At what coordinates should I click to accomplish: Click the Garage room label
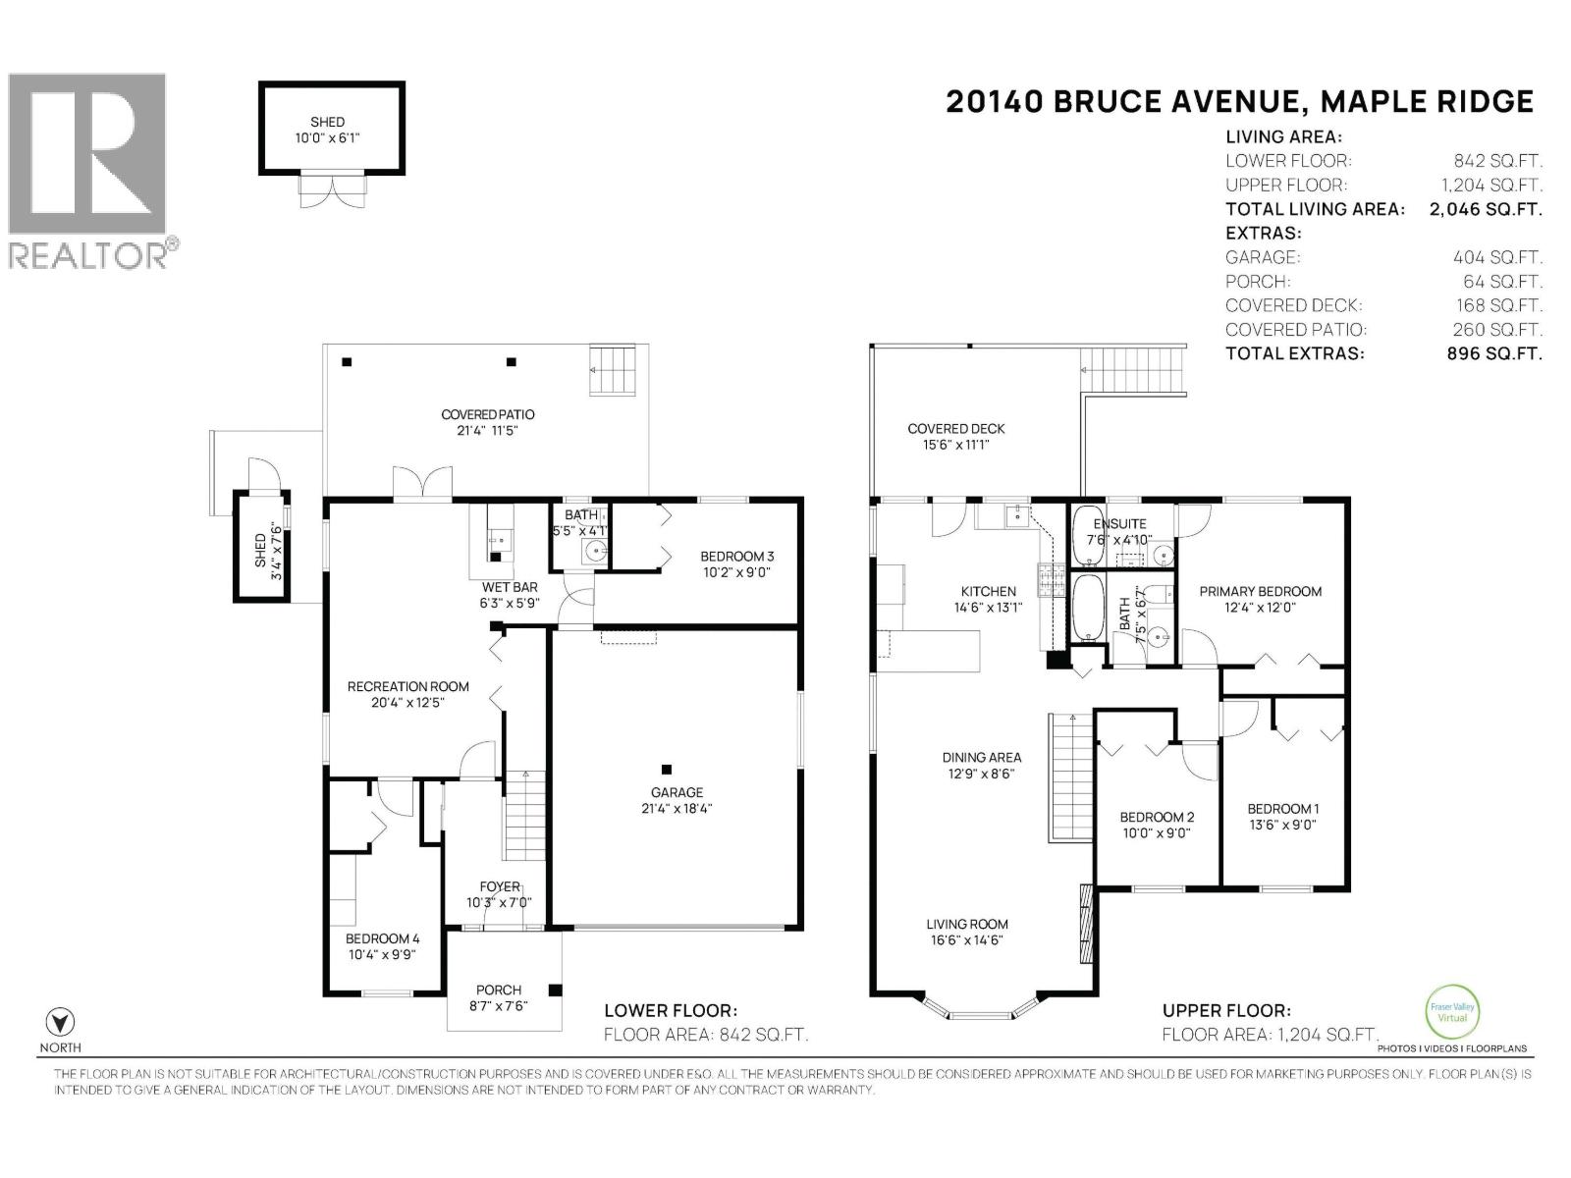pyautogui.click(x=677, y=792)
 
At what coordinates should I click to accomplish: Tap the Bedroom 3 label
pyautogui.click(x=736, y=557)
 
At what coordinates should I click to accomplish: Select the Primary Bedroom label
pyautogui.click(x=1260, y=591)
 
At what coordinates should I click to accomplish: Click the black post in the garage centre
pyautogui.click(x=667, y=769)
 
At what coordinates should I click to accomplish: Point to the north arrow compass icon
pyautogui.click(x=61, y=1021)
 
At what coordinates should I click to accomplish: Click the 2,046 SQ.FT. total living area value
pyautogui.click(x=1486, y=209)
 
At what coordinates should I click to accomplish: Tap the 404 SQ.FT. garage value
pyautogui.click(x=1497, y=257)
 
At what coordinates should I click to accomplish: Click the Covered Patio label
pyautogui.click(x=487, y=414)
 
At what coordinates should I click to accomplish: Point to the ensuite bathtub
pyautogui.click(x=1087, y=535)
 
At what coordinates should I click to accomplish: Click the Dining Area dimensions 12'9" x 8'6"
pyautogui.click(x=981, y=774)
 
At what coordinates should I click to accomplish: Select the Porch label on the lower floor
pyautogui.click(x=499, y=990)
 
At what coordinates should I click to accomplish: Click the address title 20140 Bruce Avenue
pyautogui.click(x=1238, y=101)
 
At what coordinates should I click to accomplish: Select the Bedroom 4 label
pyautogui.click(x=382, y=938)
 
